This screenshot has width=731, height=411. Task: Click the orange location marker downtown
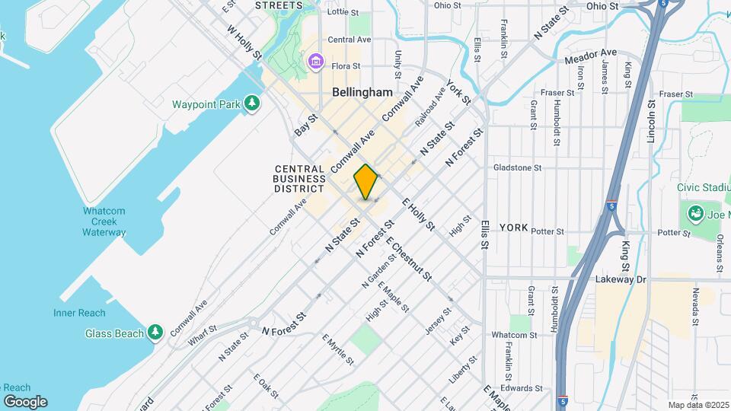tap(366, 182)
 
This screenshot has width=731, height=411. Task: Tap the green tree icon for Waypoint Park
tap(252, 104)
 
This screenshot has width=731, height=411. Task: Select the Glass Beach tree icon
tap(155, 331)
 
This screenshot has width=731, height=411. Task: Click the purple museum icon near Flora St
tap(314, 60)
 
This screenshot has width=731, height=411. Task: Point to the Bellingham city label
tap(362, 92)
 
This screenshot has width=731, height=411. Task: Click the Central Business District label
tap(299, 178)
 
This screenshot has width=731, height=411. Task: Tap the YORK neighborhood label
tap(512, 228)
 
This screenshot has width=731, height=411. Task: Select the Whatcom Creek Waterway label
tap(104, 221)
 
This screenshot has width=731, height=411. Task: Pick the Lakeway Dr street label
tap(620, 279)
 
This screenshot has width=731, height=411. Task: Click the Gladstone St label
tap(516, 167)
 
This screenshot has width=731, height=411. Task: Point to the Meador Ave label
tap(591, 55)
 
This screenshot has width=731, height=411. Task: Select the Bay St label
tap(305, 126)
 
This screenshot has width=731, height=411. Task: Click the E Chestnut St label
tap(409, 259)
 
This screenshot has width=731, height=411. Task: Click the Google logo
tap(25, 401)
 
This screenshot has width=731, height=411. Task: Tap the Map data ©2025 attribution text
tap(697, 405)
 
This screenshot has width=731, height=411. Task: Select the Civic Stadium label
tap(704, 187)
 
